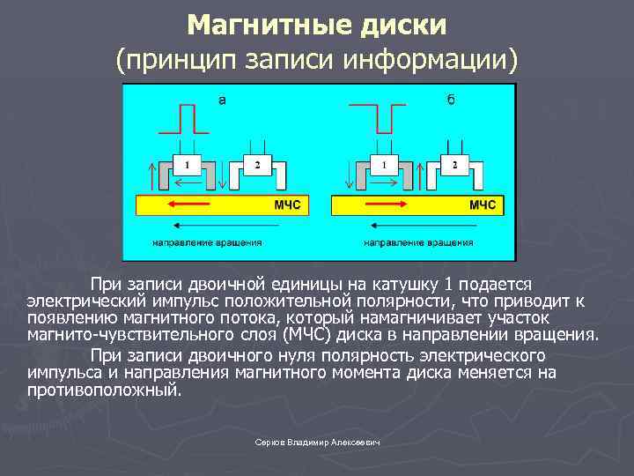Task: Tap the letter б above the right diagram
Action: click(x=451, y=100)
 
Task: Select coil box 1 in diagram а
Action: click(x=186, y=164)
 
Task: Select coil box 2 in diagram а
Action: click(x=256, y=164)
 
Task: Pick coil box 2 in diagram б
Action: click(x=453, y=164)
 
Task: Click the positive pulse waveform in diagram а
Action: click(x=186, y=117)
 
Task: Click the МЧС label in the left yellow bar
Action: click(x=286, y=205)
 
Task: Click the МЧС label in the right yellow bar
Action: click(x=482, y=205)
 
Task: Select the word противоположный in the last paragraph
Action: click(x=103, y=389)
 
